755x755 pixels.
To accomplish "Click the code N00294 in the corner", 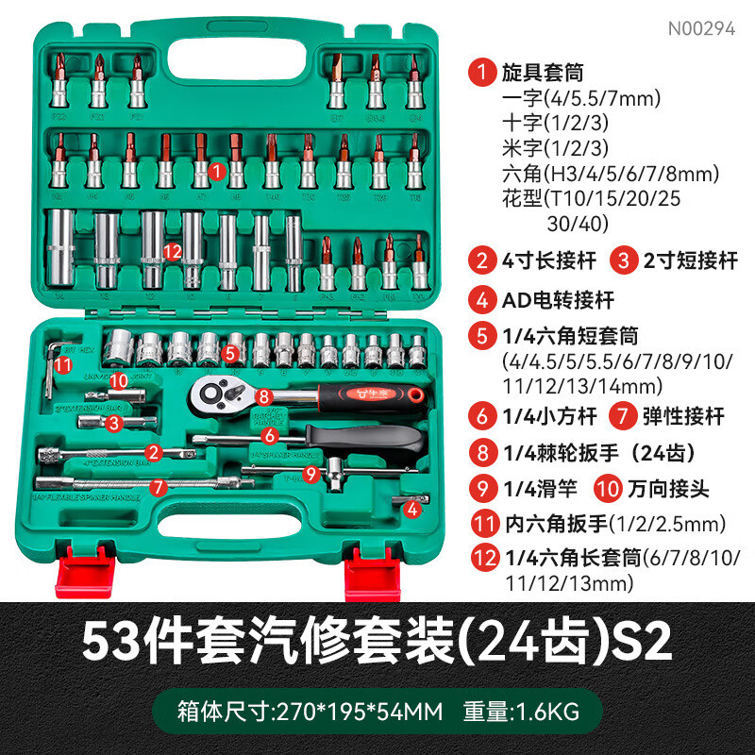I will [x=700, y=28].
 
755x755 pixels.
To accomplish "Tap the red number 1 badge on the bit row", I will [x=216, y=171].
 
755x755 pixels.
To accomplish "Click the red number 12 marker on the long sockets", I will [x=172, y=251].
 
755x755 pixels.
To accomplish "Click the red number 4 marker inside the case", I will [x=412, y=509].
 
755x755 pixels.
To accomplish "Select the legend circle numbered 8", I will [x=483, y=451].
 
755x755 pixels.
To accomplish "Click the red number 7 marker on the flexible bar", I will [x=158, y=487].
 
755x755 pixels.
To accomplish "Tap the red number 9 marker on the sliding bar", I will [x=310, y=475].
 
